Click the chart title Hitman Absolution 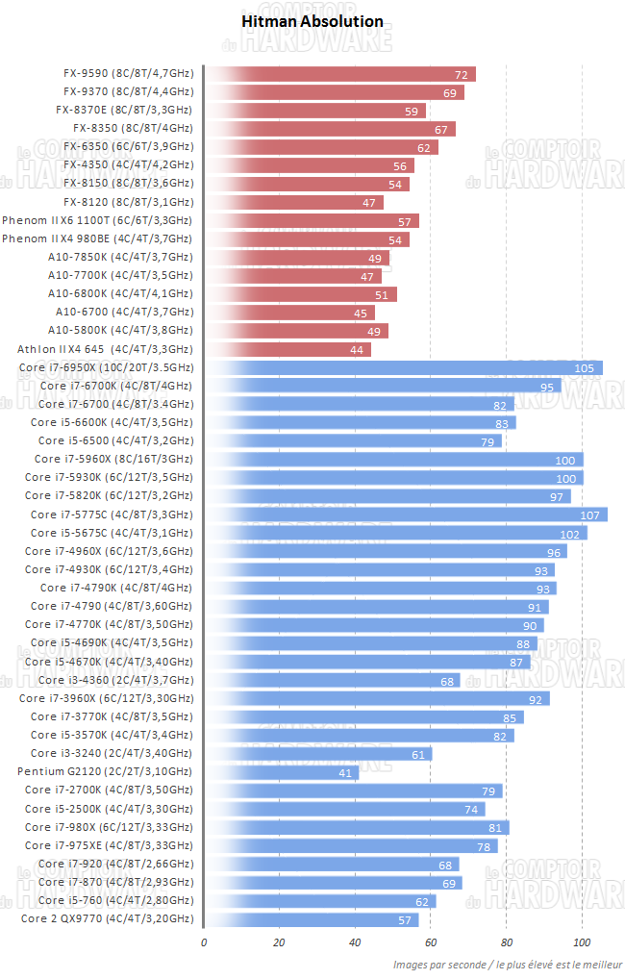[312, 21]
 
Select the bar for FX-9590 [340, 74]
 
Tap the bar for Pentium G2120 [282, 772]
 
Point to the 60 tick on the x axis [431, 941]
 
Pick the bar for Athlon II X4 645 [287, 349]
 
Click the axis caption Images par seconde [507, 964]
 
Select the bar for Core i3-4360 [333, 680]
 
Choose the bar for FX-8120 [294, 202]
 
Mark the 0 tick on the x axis [204, 941]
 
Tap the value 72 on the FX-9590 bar [462, 74]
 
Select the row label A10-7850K [120, 257]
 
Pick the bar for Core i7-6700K [383, 386]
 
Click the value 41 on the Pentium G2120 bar [344, 772]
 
